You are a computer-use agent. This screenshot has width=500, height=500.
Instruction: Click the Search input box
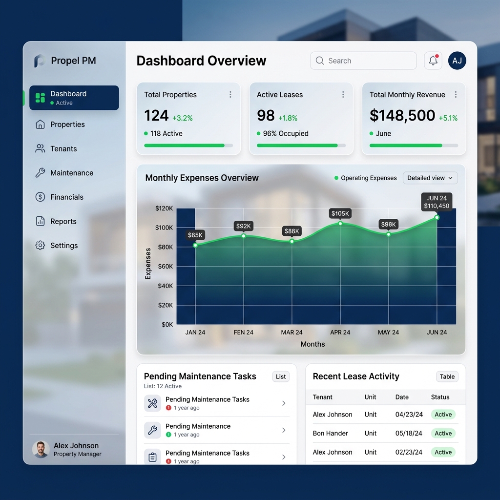[x=363, y=61]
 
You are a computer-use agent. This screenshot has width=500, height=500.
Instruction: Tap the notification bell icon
[x=433, y=61]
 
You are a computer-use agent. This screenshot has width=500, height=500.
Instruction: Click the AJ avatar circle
[x=457, y=61]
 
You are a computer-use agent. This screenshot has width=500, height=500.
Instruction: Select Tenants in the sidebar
[x=63, y=149]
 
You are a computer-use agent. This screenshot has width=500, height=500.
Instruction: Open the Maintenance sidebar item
[x=71, y=173]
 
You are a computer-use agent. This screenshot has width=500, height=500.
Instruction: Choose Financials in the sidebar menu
[x=66, y=197]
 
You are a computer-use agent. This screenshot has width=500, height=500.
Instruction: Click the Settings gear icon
[x=41, y=246]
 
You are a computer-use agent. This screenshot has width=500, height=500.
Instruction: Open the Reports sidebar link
[x=63, y=221]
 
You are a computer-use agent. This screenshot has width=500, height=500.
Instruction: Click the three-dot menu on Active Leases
[x=343, y=95]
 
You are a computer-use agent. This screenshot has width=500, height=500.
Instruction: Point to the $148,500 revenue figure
[x=402, y=116]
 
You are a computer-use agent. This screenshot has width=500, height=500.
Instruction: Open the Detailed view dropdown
[x=430, y=178]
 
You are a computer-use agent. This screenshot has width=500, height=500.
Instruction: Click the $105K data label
[x=340, y=213]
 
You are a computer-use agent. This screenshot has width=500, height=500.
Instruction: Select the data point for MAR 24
[x=292, y=241]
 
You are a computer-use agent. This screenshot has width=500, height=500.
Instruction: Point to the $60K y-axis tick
[x=164, y=267]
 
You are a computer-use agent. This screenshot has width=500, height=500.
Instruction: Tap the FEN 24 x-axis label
[x=243, y=333]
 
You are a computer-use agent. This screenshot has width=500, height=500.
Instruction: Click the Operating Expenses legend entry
[x=366, y=178]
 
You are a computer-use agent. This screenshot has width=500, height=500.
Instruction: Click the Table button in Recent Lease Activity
[x=447, y=376]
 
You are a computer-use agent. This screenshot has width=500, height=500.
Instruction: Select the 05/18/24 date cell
[x=409, y=434]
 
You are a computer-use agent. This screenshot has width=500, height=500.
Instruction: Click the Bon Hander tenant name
[x=331, y=434]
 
